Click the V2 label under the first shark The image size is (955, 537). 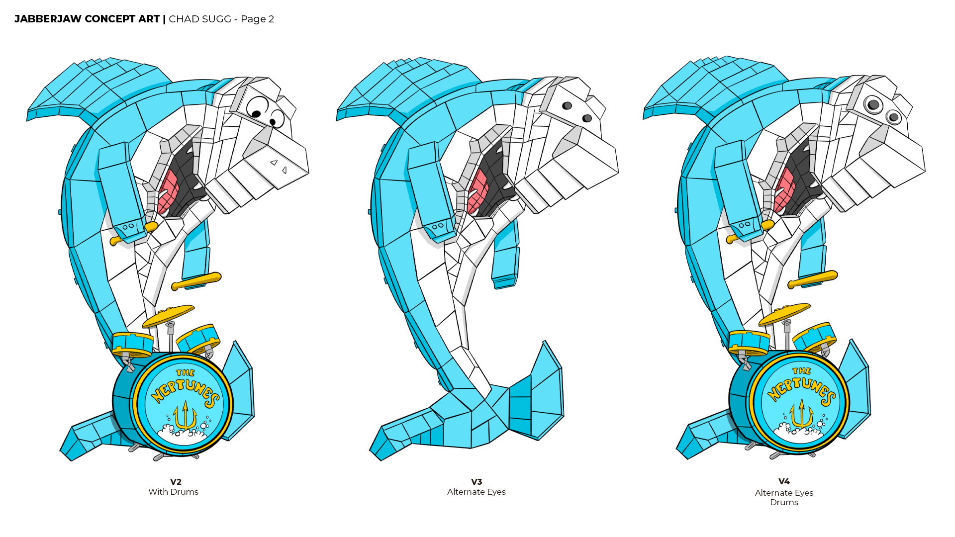[x=176, y=482]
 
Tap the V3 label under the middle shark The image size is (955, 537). [x=477, y=482]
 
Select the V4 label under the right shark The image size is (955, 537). [x=784, y=481]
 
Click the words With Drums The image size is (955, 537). [x=173, y=492]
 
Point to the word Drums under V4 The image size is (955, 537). [x=784, y=502]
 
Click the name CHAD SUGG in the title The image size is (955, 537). [x=200, y=19]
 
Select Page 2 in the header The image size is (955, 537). [x=257, y=19]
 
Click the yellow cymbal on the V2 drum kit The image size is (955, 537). [x=168, y=315]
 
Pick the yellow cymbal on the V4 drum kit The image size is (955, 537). [x=784, y=314]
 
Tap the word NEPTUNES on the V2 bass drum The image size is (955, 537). [x=186, y=390]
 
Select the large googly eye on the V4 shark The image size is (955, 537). [x=873, y=105]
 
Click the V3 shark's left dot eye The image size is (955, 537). [x=567, y=105]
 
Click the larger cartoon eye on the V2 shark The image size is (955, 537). [x=257, y=106]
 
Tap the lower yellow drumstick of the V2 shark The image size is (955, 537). [x=196, y=281]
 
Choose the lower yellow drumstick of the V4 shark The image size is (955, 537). [x=813, y=279]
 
